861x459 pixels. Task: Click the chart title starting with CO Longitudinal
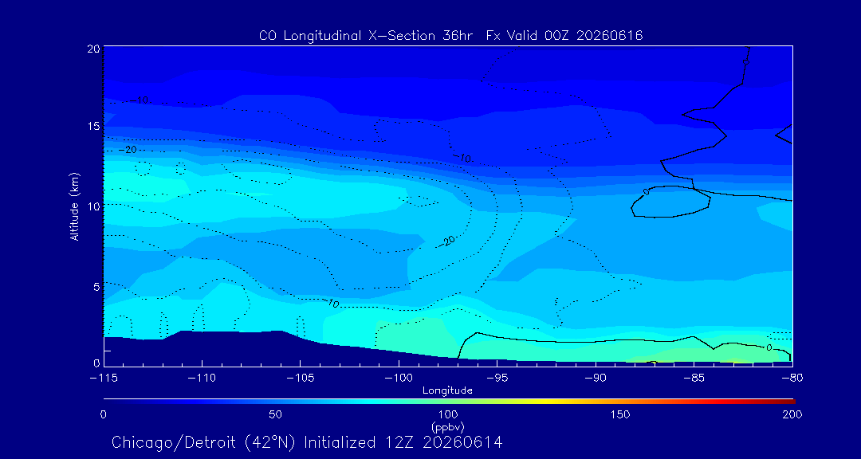pyautogui.click(x=450, y=36)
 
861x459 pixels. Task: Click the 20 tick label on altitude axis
pyautogui.click(x=93, y=49)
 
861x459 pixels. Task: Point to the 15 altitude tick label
pyautogui.click(x=93, y=126)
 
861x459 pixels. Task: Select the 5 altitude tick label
pyautogui.click(x=96, y=286)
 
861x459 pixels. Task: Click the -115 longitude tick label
pyautogui.click(x=104, y=379)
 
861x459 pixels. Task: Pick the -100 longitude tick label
pyautogui.click(x=399, y=379)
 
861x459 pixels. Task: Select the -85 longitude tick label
pyautogui.click(x=694, y=379)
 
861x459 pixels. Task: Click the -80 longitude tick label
pyautogui.click(x=792, y=379)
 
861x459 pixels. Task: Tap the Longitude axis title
pyautogui.click(x=447, y=391)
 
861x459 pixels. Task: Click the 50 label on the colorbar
pyautogui.click(x=276, y=414)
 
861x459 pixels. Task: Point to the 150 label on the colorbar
pyautogui.click(x=620, y=414)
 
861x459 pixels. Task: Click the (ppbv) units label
pyautogui.click(x=448, y=426)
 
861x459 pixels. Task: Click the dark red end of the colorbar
pyautogui.click(x=791, y=402)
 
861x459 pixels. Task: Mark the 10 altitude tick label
pyautogui.click(x=93, y=206)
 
